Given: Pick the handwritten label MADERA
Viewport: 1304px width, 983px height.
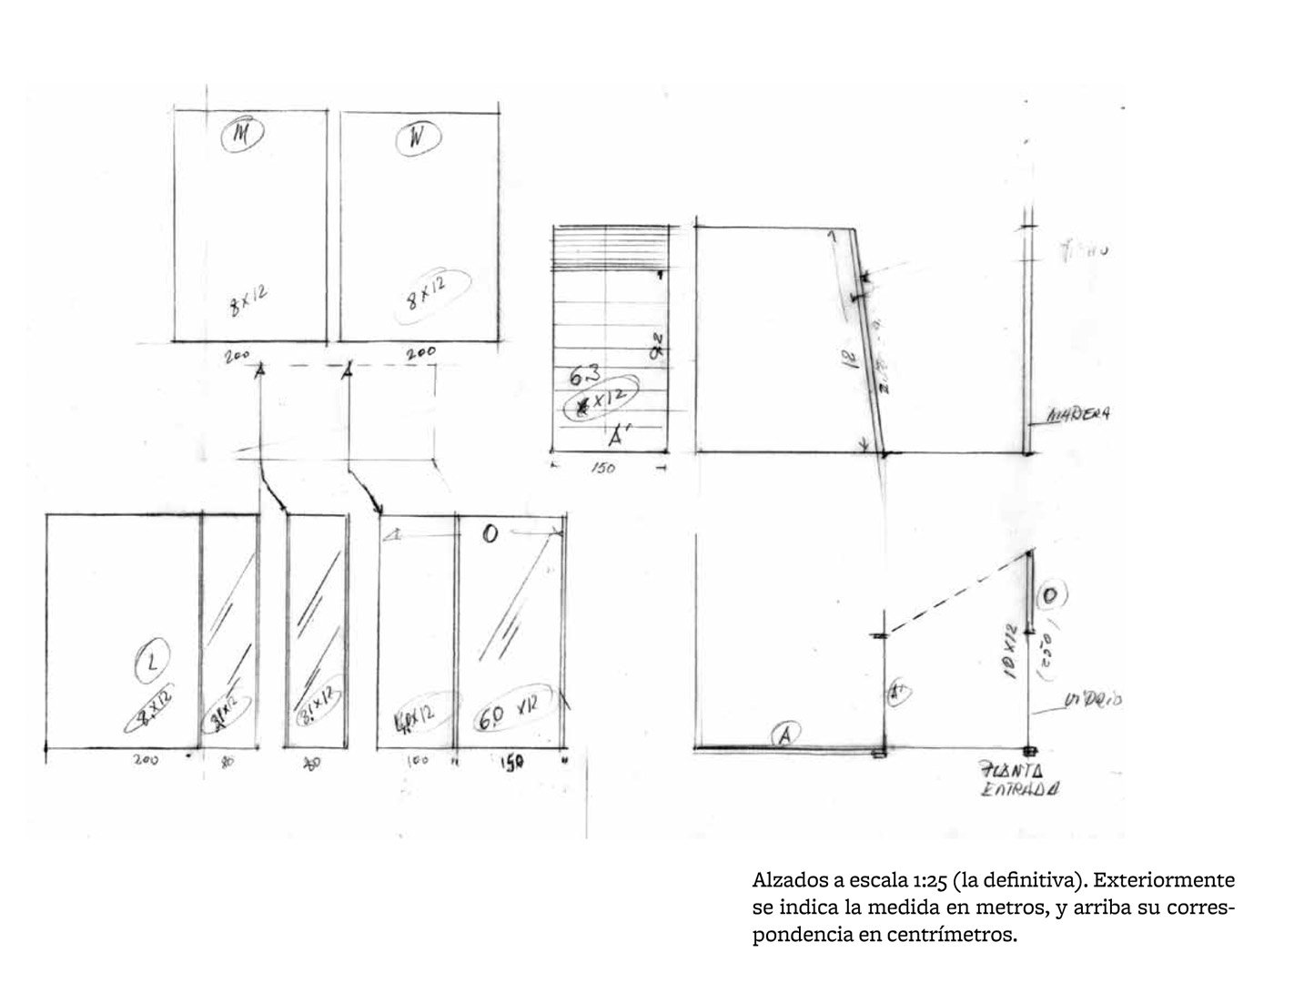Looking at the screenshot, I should tap(1081, 415).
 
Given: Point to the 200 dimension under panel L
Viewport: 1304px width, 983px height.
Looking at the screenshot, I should tap(146, 760).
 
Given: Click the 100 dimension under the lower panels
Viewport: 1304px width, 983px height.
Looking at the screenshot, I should tap(416, 760).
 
